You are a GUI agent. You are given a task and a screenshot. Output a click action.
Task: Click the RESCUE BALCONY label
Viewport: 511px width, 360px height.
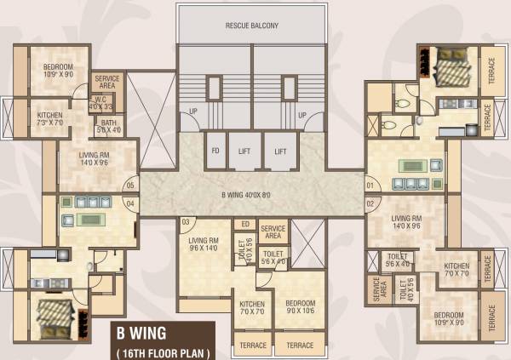[x=252, y=26]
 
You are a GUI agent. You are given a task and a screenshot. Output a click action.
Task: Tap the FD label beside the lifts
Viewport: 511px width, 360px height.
[x=216, y=151]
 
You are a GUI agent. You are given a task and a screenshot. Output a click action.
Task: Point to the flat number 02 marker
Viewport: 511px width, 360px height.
[x=370, y=204]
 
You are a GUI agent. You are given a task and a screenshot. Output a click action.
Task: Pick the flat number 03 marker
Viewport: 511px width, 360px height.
[x=186, y=223]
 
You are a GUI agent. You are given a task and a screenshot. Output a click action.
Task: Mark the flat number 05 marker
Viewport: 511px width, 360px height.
[x=131, y=185]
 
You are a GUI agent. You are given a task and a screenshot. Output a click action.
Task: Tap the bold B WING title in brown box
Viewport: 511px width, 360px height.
[x=142, y=333]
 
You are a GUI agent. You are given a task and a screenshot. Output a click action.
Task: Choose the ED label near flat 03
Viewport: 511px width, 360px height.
[x=245, y=225]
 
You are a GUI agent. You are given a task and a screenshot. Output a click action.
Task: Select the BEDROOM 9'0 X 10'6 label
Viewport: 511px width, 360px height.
[x=300, y=307]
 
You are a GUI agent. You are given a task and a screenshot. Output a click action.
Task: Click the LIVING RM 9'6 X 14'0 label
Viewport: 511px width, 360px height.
[x=204, y=244]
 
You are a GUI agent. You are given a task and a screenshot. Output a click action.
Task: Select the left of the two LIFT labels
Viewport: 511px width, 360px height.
[x=244, y=151]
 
